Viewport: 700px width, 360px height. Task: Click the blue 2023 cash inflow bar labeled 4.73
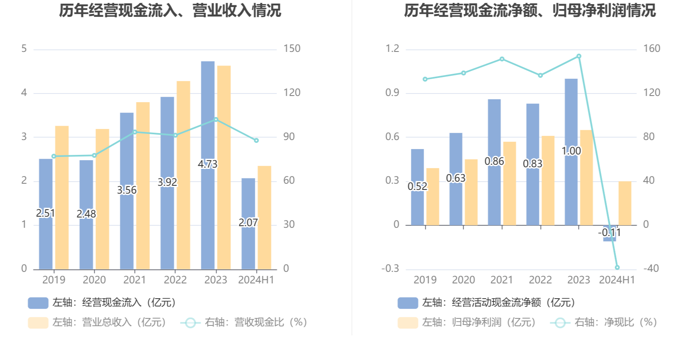tap(208, 124)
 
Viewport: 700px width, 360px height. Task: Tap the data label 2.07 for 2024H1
tap(248, 222)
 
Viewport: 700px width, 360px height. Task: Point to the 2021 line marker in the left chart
tap(135, 132)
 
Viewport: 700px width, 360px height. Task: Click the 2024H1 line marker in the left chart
tap(256, 140)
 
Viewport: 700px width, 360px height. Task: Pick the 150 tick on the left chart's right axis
tap(292, 49)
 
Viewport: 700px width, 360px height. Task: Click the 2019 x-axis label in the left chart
tap(54, 280)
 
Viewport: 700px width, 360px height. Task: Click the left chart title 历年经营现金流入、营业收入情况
tap(170, 11)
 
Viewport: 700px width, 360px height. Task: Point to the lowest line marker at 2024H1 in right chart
tap(617, 267)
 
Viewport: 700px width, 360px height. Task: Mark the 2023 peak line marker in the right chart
tap(579, 56)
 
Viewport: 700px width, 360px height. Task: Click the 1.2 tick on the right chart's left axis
tap(392, 49)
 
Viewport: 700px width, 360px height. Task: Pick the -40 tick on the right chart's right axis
tap(651, 269)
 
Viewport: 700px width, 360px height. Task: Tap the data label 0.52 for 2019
tap(417, 187)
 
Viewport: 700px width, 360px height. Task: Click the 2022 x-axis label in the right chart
tap(540, 280)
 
